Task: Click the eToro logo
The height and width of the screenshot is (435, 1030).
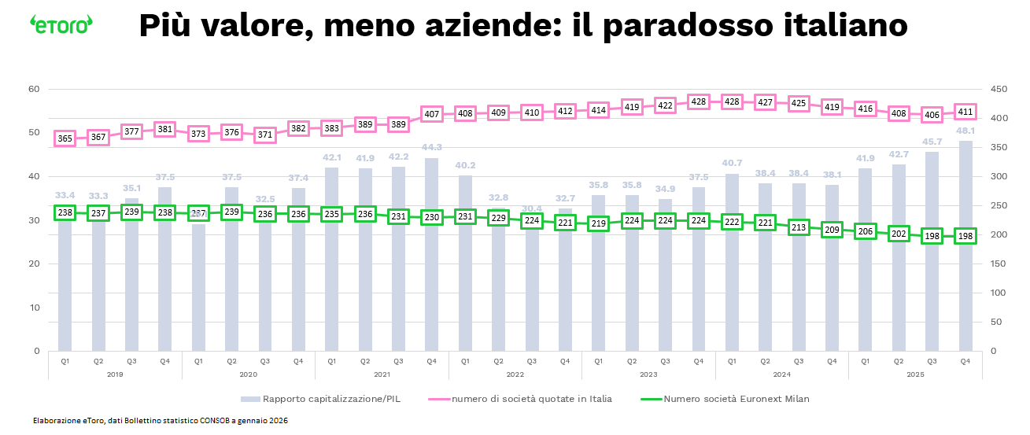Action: pos(61,24)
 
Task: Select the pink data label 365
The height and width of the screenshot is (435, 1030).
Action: pos(65,138)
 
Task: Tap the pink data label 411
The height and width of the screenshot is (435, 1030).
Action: pos(965,112)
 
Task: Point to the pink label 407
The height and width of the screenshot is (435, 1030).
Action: pos(432,114)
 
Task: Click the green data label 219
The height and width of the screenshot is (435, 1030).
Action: pos(599,223)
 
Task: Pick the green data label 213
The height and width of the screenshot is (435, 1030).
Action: pos(799,227)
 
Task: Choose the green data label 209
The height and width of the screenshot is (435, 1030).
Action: pos(832,230)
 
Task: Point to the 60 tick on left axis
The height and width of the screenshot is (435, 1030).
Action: pos(34,89)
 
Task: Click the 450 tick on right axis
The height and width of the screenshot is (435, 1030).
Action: pos(998,89)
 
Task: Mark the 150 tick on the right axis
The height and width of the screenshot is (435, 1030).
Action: pos(998,264)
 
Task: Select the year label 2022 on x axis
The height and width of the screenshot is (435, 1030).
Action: pos(515,374)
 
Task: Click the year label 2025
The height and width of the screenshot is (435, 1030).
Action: pos(915,374)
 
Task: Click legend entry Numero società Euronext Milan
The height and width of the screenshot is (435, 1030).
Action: pos(737,399)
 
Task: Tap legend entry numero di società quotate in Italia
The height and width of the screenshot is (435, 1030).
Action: pos(532,399)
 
